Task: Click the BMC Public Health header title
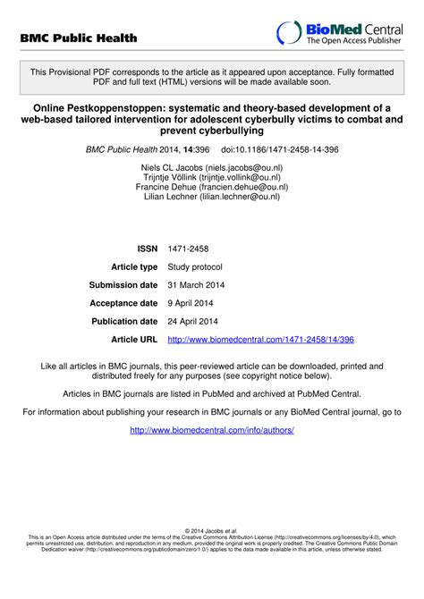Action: (79, 38)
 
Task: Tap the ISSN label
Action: (147, 249)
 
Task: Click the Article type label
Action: (134, 267)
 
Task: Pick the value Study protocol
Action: (195, 267)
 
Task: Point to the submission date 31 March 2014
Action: (197, 285)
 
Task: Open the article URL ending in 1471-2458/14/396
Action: (260, 340)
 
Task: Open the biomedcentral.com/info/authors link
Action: (211, 430)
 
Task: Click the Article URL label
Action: (134, 340)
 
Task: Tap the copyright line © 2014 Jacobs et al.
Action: (211, 531)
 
